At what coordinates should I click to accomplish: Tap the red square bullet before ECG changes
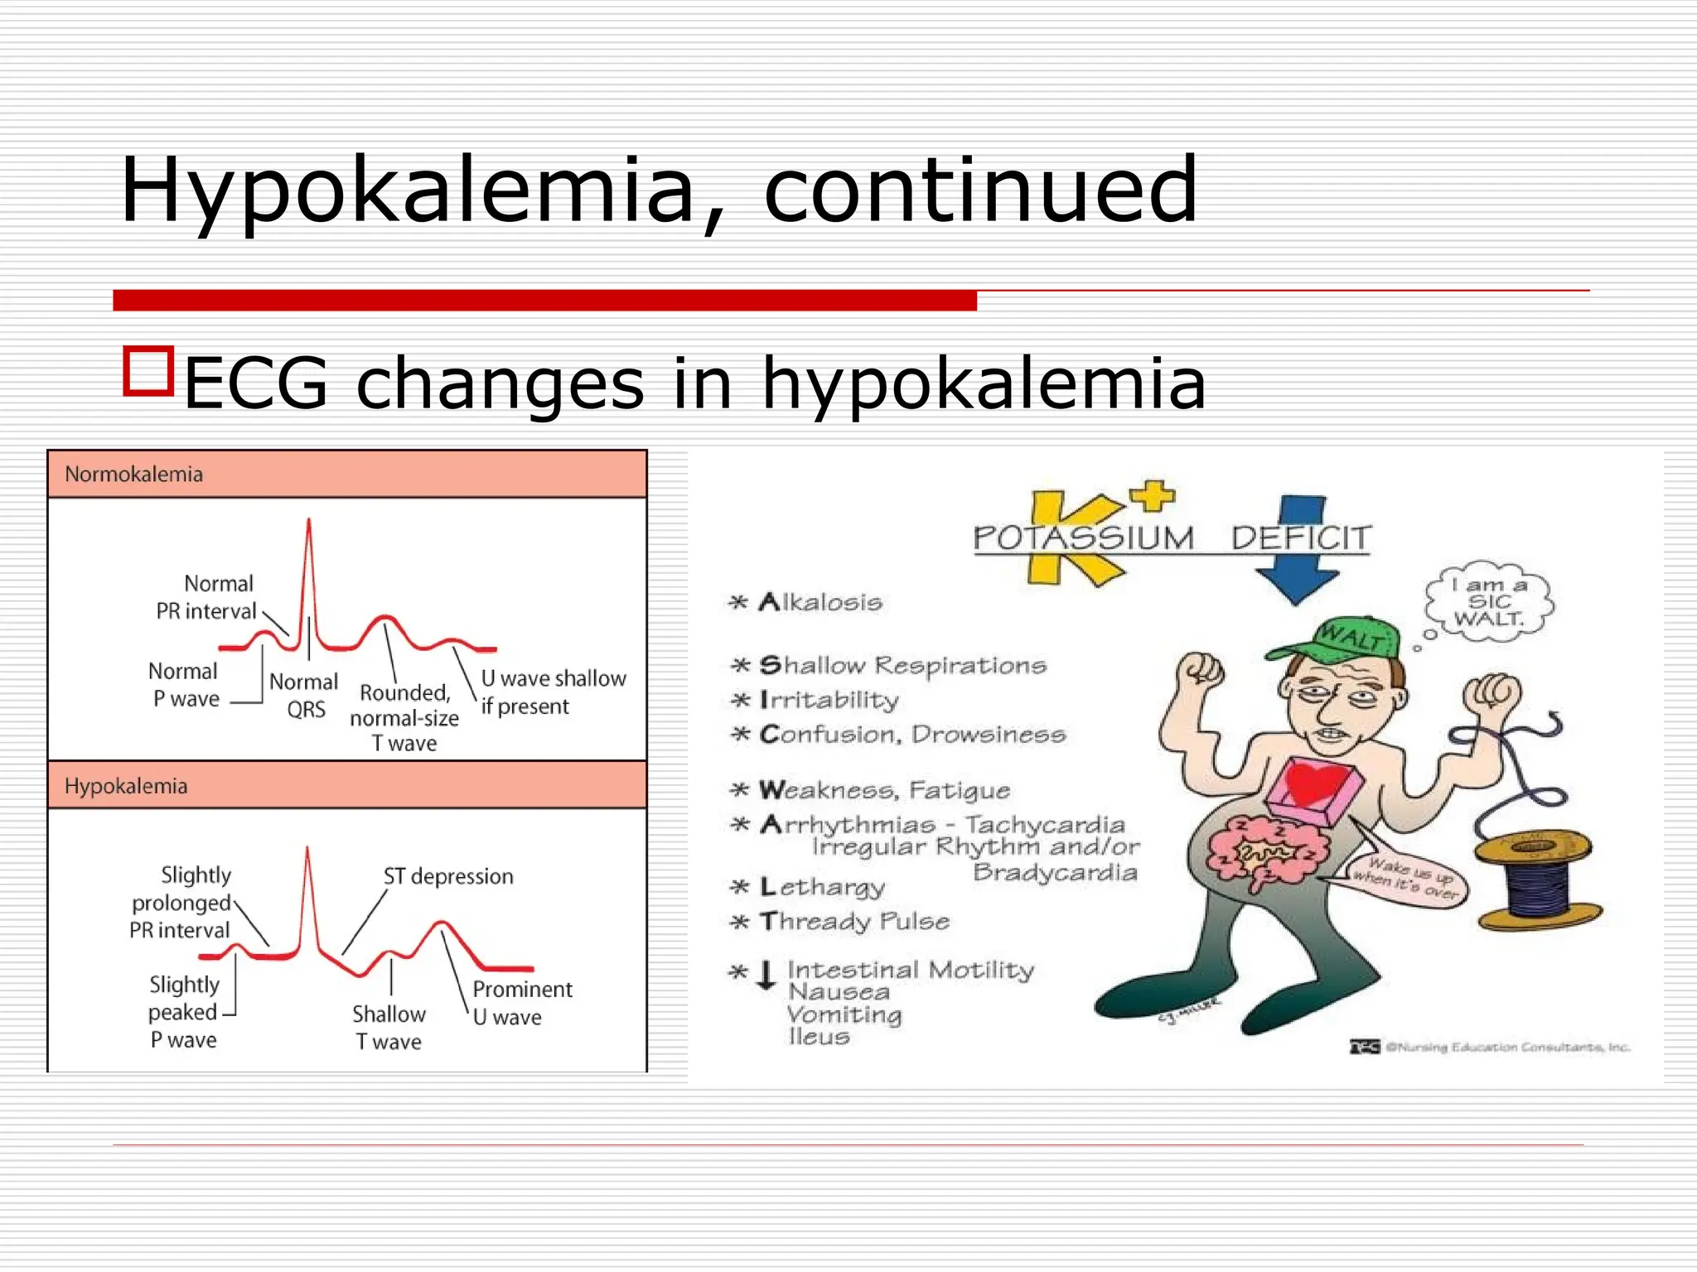point(148,372)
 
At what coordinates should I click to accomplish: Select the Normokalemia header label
point(133,475)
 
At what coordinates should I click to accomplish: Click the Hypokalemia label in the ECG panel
point(126,786)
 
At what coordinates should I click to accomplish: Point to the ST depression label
point(448,876)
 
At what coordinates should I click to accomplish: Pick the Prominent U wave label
point(522,1003)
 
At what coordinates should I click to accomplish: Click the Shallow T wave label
point(389,1028)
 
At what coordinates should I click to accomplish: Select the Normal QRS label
point(304,696)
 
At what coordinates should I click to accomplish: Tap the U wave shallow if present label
point(553,692)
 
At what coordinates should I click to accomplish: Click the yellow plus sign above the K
point(1152,496)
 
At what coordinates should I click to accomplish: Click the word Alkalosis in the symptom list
point(819,602)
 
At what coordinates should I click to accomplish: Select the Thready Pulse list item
point(854,922)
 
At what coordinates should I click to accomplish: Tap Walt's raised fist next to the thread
point(1492,691)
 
